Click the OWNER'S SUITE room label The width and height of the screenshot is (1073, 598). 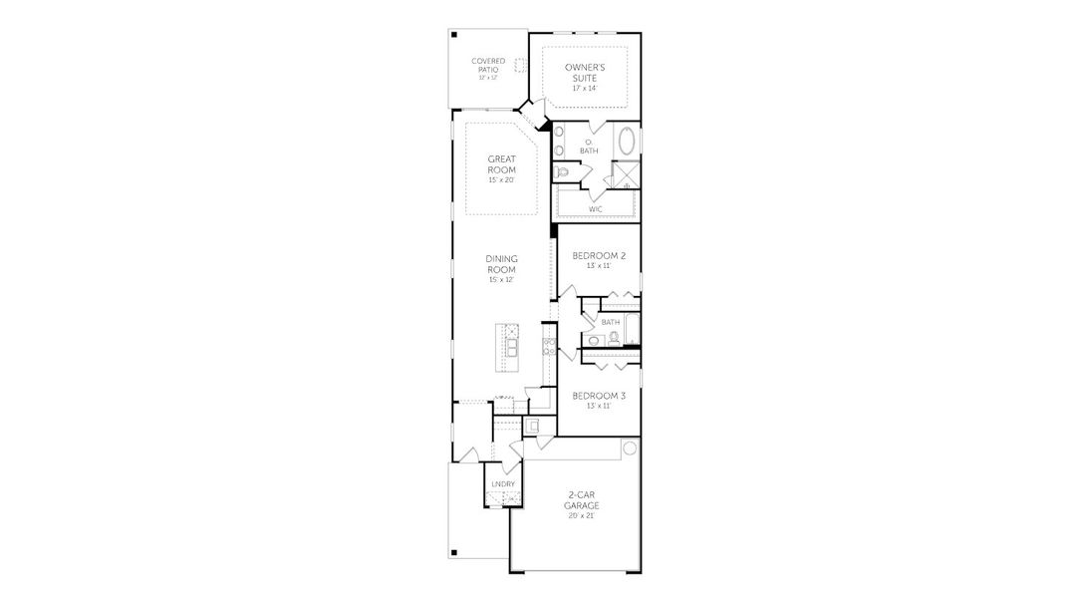(585, 71)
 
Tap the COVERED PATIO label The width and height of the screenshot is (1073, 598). (488, 65)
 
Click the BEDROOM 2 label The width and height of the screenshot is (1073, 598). (597, 255)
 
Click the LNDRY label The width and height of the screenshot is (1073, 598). (503, 483)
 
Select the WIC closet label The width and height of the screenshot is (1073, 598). (595, 209)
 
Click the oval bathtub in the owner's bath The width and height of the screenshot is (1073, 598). (627, 142)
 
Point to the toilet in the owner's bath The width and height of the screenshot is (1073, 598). (563, 172)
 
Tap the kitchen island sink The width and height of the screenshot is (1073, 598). (511, 346)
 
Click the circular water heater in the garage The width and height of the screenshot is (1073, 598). (629, 449)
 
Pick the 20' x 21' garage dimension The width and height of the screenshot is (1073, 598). (583, 516)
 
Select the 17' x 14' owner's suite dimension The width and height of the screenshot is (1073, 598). (585, 88)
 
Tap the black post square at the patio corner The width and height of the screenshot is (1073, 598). (453, 35)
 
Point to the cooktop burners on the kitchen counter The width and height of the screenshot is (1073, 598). (548, 346)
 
